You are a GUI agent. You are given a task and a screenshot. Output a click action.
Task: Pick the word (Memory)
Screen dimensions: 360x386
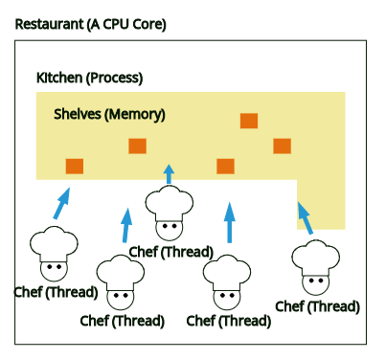coord(135,114)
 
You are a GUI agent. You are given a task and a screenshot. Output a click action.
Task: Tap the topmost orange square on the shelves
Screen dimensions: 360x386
coord(249,121)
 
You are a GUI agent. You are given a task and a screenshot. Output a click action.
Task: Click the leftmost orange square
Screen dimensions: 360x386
coord(75,166)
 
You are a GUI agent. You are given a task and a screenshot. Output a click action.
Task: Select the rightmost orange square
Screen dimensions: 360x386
coord(282,146)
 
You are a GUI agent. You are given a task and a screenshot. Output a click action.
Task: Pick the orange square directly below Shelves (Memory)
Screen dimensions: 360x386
coord(137,146)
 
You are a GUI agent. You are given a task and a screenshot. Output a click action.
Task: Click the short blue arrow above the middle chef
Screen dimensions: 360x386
coord(170,173)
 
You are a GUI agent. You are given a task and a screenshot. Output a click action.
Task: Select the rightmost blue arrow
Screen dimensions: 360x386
coord(304,217)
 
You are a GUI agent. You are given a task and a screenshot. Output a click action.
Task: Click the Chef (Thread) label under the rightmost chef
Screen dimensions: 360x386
coord(317,306)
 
